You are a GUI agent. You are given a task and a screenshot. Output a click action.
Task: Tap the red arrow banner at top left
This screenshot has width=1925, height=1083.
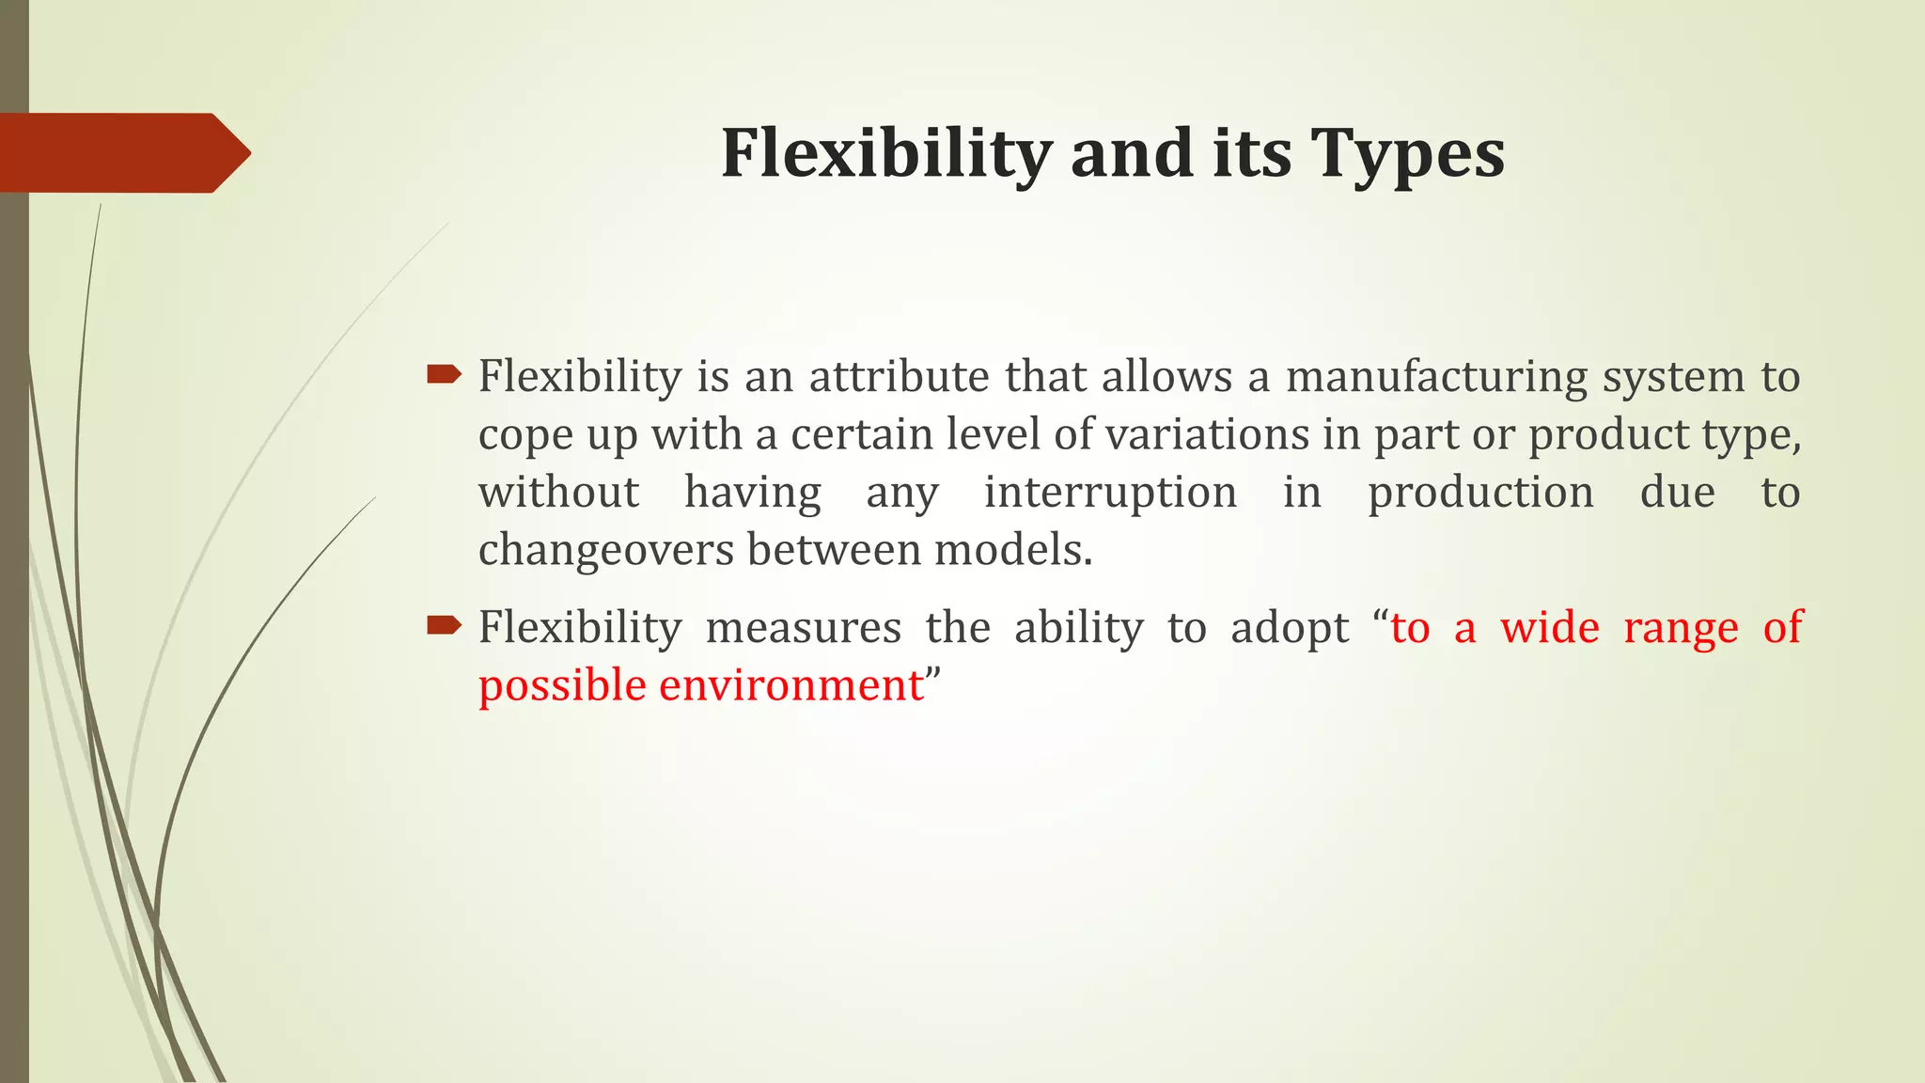pyautogui.click(x=122, y=153)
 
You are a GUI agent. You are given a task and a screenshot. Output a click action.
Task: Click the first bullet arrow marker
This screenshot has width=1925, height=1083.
pyautogui.click(x=444, y=376)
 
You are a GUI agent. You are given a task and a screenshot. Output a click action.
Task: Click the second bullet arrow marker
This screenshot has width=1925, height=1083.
pyautogui.click(x=444, y=625)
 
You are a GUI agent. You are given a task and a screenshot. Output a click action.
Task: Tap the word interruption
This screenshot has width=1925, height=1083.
pyautogui.click(x=1110, y=493)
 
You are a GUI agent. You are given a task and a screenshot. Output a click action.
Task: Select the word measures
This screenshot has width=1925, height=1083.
pyautogui.click(x=803, y=628)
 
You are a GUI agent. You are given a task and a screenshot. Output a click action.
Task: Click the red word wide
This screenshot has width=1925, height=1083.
pyautogui.click(x=1549, y=628)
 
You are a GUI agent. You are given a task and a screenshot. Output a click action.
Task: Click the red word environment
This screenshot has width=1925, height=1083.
pyautogui.click(x=791, y=685)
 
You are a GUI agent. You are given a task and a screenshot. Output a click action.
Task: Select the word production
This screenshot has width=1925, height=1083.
pyautogui.click(x=1480, y=494)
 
